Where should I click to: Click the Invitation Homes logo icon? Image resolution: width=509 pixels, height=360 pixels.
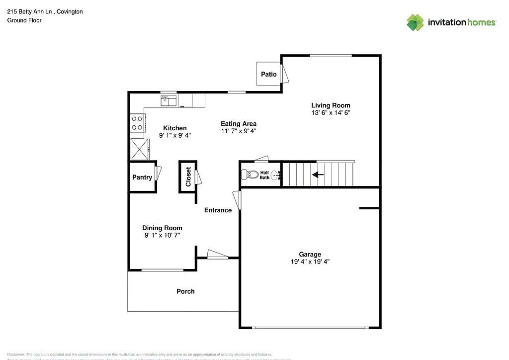coord(415,22)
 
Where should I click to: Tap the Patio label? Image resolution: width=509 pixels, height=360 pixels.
coord(269,74)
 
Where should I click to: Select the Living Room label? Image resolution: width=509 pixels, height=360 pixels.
coord(331,105)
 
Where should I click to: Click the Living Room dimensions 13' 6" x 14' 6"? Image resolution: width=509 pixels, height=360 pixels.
coord(331,113)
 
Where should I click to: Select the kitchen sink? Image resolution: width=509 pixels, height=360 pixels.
coord(169,101)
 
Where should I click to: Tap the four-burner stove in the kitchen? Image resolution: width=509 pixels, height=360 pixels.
coord(137,123)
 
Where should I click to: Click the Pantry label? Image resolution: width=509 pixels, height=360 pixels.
coord(142,178)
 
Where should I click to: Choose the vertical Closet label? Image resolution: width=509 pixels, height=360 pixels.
coord(188,177)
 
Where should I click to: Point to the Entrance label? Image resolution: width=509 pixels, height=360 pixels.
coord(218,210)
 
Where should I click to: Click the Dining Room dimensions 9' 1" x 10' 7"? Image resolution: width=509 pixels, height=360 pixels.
coord(162,236)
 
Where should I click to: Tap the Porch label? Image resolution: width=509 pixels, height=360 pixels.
coord(185,291)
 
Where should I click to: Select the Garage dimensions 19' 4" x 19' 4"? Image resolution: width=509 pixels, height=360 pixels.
coord(310,262)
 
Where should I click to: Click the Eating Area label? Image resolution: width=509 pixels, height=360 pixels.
coord(239,124)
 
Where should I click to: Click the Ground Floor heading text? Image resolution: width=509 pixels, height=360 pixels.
coord(24,20)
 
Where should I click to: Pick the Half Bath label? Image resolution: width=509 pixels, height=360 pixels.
coord(264,175)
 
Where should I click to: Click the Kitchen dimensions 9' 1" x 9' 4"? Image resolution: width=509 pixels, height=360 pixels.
coord(175,135)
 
